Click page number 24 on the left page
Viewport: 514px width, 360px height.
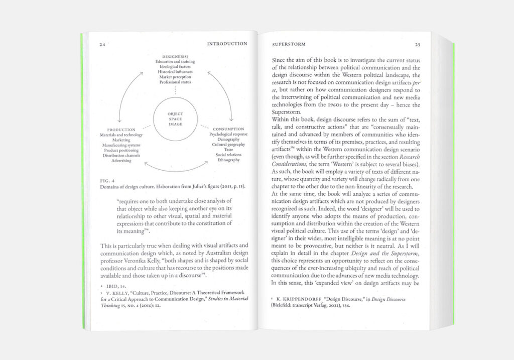point(102,44)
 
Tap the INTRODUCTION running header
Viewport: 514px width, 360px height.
point(227,44)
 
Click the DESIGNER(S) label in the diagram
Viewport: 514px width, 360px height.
point(175,56)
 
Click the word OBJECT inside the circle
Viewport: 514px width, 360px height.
point(175,114)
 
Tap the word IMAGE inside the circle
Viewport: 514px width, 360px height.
point(175,124)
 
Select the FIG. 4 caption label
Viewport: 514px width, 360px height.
point(108,180)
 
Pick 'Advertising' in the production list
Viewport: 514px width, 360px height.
point(121,161)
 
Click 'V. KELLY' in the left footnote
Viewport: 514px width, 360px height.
point(116,293)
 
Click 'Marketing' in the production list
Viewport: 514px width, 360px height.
point(121,140)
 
